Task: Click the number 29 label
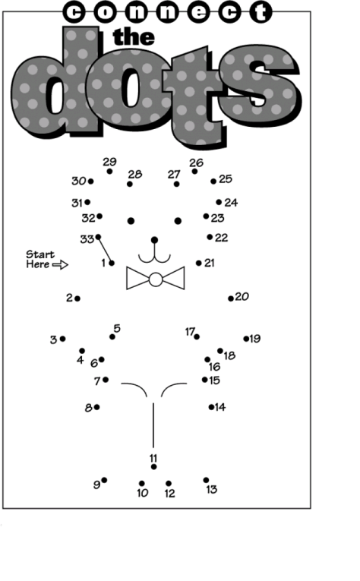click(x=109, y=162)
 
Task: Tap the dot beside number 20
click(x=231, y=298)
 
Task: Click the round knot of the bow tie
click(x=156, y=279)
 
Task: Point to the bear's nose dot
click(x=154, y=240)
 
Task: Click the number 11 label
click(x=153, y=458)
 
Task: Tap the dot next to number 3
click(x=62, y=339)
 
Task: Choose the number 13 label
click(x=211, y=490)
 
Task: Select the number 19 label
click(x=255, y=339)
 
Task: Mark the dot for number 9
click(x=104, y=480)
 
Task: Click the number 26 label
click(x=196, y=163)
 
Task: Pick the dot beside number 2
click(x=77, y=298)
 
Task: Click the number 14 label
click(x=220, y=407)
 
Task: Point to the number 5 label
click(x=116, y=328)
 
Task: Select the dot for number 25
click(x=213, y=182)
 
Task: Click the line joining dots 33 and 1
click(x=105, y=250)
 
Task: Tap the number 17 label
click(x=190, y=331)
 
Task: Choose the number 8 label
click(x=88, y=407)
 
